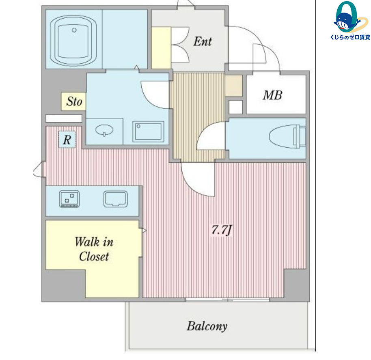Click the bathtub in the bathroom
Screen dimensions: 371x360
point(73,41)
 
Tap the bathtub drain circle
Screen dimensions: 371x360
point(74,30)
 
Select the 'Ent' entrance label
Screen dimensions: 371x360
point(202,41)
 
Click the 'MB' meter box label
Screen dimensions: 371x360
point(273,95)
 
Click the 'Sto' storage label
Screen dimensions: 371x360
point(74,101)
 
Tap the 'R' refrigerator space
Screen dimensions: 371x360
point(67,140)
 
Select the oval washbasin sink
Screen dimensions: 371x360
point(104,130)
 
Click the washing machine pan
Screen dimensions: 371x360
point(148,131)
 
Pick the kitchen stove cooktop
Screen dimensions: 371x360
point(69,199)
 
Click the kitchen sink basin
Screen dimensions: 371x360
point(116,199)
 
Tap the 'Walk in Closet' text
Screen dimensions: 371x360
point(94,249)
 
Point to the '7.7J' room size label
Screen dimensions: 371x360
point(221,230)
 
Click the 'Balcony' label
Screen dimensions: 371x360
point(207,326)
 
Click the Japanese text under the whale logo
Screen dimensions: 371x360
point(350,37)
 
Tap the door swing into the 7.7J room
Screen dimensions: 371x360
point(198,179)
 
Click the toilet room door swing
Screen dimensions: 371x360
point(211,136)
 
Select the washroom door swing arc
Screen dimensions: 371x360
point(155,95)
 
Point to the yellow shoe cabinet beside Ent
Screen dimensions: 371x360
point(161,48)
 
